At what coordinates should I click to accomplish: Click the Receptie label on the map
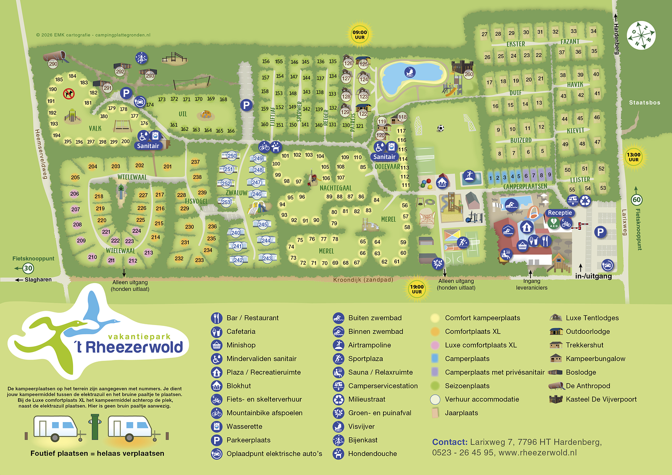coord(560,213)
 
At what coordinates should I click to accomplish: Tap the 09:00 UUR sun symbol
coord(360,34)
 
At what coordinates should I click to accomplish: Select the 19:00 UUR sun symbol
coord(417,289)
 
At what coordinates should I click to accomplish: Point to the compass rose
coord(641,35)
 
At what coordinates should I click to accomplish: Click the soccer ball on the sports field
coord(440,128)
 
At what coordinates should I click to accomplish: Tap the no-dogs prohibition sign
coord(69,93)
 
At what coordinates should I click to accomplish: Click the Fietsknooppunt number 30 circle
coord(28,268)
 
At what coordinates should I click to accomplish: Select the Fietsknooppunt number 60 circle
coord(636,200)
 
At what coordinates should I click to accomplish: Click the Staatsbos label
coord(644,102)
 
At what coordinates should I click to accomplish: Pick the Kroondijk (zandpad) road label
coord(363,280)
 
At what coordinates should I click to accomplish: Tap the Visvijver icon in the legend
coord(339,427)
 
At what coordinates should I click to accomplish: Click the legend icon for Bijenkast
coord(339,440)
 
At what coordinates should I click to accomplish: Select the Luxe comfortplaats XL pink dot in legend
coord(435,345)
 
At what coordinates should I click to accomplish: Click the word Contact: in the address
coord(449,442)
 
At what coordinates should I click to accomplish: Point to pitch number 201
coord(168,167)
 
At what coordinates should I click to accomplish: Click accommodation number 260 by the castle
coord(469,74)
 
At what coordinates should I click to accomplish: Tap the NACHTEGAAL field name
coord(336,188)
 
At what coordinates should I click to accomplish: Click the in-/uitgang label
coord(593,276)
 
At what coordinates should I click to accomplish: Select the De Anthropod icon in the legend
coord(556,386)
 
